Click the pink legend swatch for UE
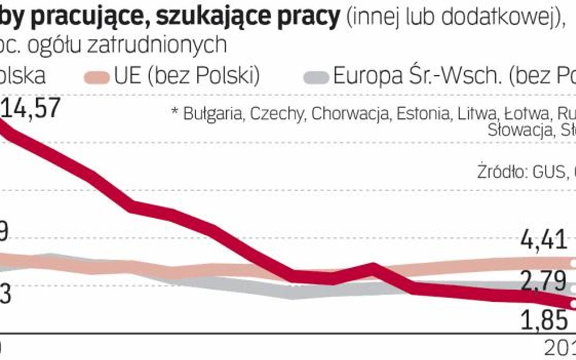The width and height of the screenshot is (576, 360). coord(95,77)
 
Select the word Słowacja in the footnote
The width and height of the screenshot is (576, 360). coord(517,130)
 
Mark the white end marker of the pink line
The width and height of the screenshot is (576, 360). coord(572,262)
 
